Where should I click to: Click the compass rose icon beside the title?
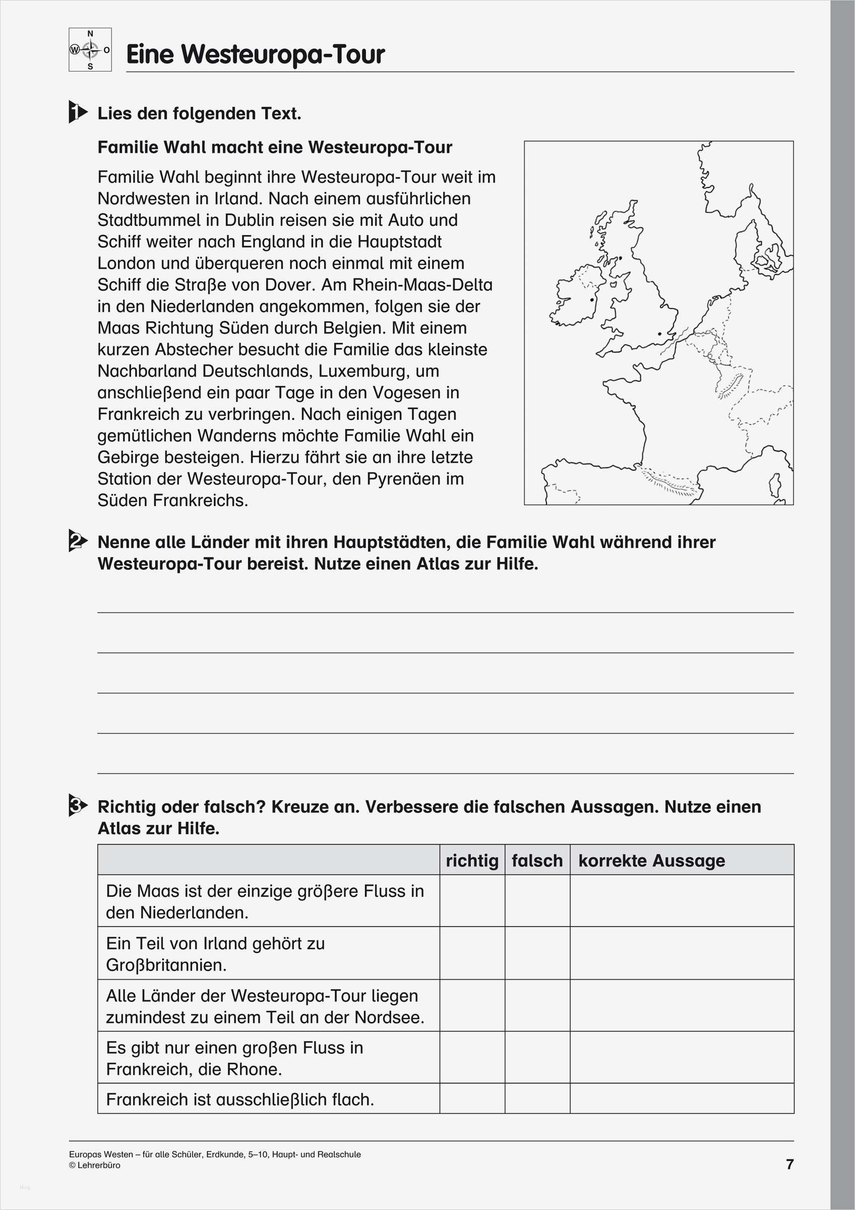coord(90,50)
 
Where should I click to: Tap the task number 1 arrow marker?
coord(78,112)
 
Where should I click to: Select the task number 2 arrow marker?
coord(78,541)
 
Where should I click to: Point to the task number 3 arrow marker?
coord(78,806)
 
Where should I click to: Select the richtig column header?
coord(472,861)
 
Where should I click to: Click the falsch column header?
coord(537,861)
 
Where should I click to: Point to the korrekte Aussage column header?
coord(652,861)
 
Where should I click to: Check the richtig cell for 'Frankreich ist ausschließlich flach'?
coord(472,1099)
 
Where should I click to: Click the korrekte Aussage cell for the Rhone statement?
coord(682,1058)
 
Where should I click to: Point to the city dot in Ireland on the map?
coord(592,300)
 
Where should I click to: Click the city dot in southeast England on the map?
coord(659,334)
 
